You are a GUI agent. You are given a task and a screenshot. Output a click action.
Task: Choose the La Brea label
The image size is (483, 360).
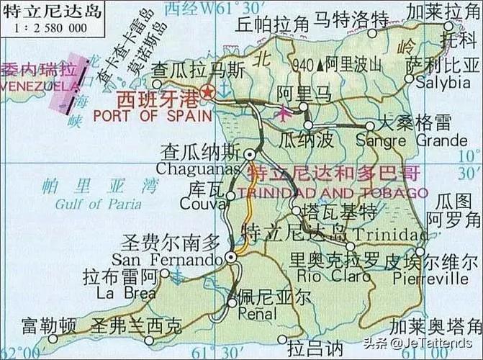[130, 293]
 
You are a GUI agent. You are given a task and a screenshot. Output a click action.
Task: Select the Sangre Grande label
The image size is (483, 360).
[412, 140]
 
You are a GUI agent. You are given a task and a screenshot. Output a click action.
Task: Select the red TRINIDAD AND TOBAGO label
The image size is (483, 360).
[332, 193]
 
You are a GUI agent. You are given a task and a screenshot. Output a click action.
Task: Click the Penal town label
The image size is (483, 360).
[256, 314]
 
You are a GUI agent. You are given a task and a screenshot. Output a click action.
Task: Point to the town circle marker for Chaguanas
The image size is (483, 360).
[249, 154]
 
